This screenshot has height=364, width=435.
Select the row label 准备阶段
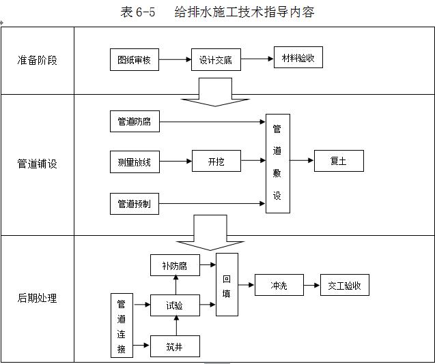(x=37, y=60)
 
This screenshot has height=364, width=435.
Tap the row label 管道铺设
(x=37, y=164)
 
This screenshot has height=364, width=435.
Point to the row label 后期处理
(x=37, y=298)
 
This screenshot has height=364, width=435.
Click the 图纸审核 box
(x=135, y=60)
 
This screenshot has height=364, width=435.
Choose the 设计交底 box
(x=216, y=60)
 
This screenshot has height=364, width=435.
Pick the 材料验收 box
(x=298, y=58)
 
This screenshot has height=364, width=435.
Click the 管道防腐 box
(x=135, y=123)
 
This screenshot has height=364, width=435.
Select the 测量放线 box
(x=135, y=162)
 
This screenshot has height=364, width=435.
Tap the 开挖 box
(x=216, y=162)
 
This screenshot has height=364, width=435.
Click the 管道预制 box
(x=135, y=203)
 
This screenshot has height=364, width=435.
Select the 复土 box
(x=339, y=162)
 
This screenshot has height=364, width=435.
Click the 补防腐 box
(x=175, y=264)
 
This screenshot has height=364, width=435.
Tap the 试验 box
(x=175, y=305)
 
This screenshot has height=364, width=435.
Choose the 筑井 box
(x=175, y=346)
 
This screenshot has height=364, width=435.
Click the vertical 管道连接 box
(x=122, y=326)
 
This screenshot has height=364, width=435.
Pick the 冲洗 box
(x=279, y=286)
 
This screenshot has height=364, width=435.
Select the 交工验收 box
(x=344, y=286)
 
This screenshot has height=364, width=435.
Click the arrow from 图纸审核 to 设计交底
(x=175, y=60)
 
